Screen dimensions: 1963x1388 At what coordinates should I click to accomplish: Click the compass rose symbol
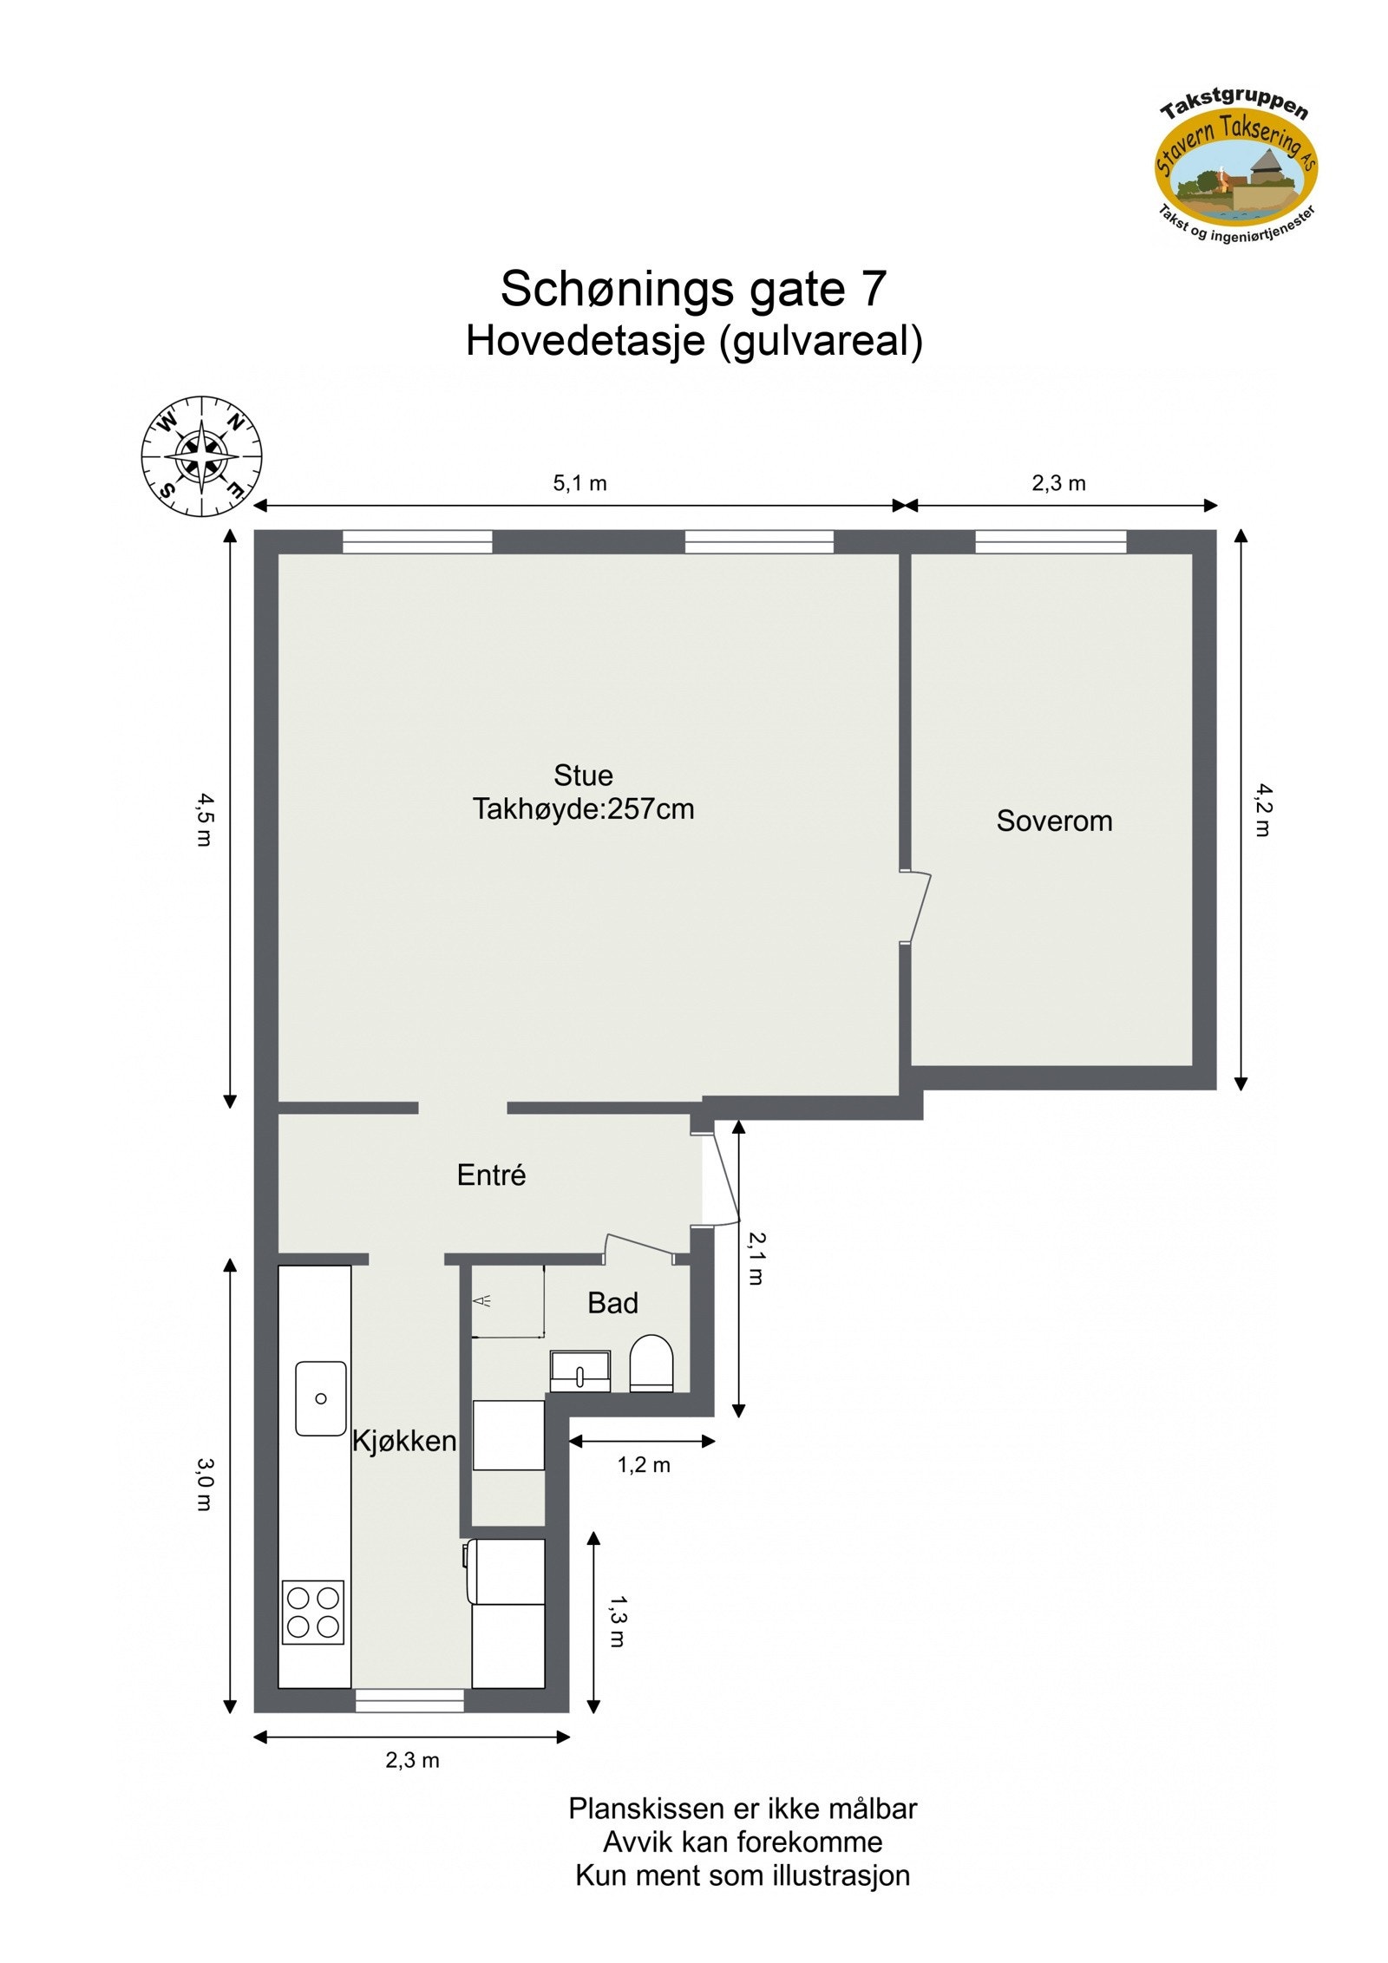201,456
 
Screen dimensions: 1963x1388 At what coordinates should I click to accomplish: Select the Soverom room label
1053,821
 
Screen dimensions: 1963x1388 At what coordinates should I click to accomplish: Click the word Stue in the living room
583,775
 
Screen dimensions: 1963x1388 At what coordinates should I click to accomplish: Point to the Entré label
491,1175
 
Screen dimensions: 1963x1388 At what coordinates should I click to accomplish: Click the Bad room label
612,1303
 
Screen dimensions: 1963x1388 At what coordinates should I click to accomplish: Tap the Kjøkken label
403,1441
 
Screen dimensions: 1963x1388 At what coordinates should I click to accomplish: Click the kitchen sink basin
321,1398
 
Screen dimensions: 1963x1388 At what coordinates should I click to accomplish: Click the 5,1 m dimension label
579,483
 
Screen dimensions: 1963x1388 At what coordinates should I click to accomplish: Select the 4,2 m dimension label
1263,810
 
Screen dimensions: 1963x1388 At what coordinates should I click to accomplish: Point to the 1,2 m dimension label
643,1465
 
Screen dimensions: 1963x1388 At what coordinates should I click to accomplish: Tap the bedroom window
1051,542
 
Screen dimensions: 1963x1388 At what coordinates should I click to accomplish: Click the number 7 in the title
873,289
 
